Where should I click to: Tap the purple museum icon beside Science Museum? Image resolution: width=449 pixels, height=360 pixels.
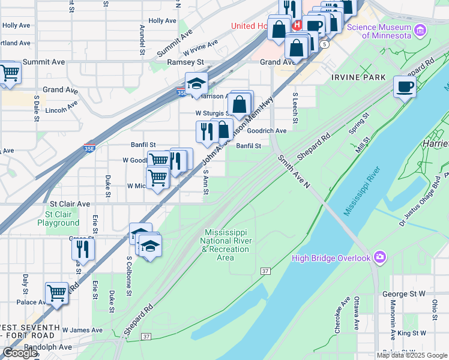point(420,31)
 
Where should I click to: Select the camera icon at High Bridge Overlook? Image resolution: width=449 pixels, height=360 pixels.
point(379,258)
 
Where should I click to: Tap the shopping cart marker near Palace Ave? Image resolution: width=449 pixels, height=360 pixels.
point(57,293)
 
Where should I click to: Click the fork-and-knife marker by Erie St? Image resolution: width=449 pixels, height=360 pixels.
point(83,248)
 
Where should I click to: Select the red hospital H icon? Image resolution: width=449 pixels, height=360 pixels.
point(297,25)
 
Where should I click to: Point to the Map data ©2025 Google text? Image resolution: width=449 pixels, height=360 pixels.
point(412,355)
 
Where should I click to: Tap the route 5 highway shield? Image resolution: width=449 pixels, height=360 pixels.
point(324,44)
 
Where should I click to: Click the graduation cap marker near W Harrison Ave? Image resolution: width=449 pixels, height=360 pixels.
point(196,85)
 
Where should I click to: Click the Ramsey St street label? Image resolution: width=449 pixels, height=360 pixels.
point(185,62)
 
